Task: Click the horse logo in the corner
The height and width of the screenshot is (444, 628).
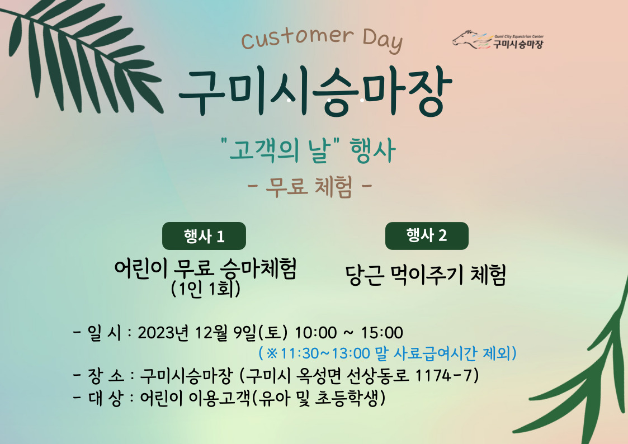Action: pos(497,40)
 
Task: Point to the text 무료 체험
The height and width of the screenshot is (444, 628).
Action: pos(309,187)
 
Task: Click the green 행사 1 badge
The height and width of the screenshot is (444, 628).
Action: pos(204,236)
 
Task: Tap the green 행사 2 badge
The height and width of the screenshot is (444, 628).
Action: pos(427,235)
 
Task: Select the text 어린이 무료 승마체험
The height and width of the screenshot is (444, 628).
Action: pos(205,269)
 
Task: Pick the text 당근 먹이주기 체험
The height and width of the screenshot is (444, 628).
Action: pos(426,275)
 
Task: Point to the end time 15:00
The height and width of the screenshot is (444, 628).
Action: pos(382,332)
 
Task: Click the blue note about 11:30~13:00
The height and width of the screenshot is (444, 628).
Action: pos(388,353)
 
